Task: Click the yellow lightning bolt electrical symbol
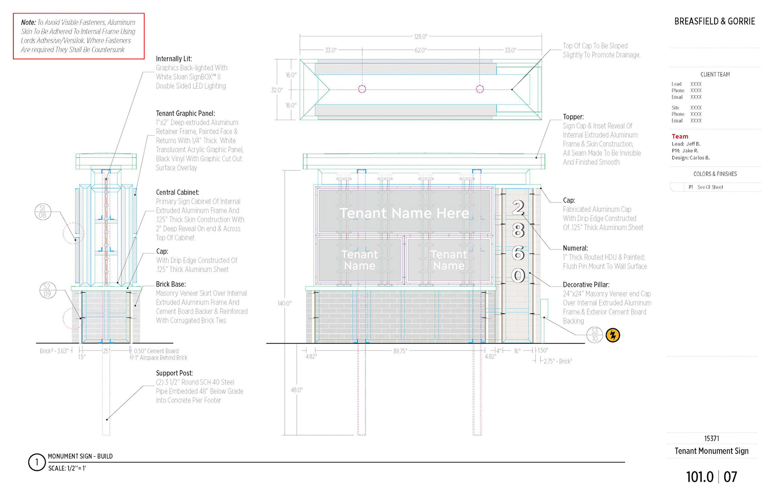[x=613, y=335]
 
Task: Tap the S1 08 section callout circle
[x=43, y=212]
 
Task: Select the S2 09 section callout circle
[x=47, y=290]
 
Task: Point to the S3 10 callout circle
[x=595, y=335]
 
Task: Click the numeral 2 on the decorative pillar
[x=518, y=207]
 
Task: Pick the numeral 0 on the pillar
[x=518, y=276]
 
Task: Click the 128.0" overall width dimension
[x=420, y=37]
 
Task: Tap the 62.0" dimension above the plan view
[x=420, y=50]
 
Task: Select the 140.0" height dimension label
[x=284, y=303]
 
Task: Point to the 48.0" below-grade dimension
[x=296, y=390]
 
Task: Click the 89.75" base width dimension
[x=400, y=351]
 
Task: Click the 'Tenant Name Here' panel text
[x=404, y=213]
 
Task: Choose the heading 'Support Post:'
[x=174, y=373]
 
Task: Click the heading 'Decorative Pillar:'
[x=586, y=284]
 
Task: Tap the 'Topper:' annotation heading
[x=573, y=117]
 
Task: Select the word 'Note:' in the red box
[x=28, y=22]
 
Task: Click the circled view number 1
[x=37, y=462]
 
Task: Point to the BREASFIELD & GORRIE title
[x=714, y=21]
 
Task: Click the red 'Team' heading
[x=680, y=137]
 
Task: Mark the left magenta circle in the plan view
[x=362, y=89]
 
